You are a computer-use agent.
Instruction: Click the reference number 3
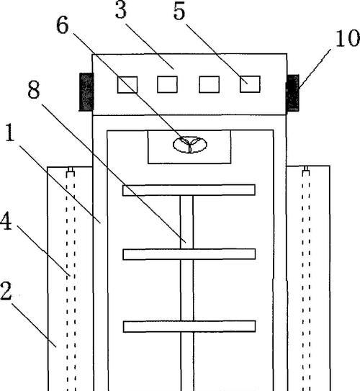[x=121, y=11]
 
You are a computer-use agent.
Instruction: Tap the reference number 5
[x=179, y=12]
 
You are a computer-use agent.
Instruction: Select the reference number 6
[x=63, y=25]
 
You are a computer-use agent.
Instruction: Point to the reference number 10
[x=348, y=38]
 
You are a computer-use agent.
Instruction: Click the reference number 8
[x=34, y=89]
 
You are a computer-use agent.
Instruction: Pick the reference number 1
[x=10, y=132]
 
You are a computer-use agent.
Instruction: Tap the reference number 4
[x=6, y=222]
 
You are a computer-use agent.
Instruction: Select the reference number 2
[x=6, y=291]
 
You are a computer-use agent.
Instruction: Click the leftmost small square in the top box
[x=127, y=85]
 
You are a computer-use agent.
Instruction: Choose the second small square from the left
[x=167, y=84]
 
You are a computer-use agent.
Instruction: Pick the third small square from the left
[x=210, y=84]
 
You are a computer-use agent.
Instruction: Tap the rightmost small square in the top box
[x=250, y=84]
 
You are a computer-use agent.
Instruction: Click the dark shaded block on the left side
[x=86, y=91]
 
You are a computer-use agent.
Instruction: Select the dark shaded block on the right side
[x=293, y=93]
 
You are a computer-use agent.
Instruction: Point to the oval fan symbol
[x=190, y=145]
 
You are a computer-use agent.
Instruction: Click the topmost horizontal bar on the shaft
[x=189, y=190]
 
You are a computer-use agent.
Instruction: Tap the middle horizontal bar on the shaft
[x=189, y=254]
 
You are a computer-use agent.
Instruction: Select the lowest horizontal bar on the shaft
[x=189, y=326]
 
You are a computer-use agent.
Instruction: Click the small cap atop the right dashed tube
[x=306, y=169]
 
